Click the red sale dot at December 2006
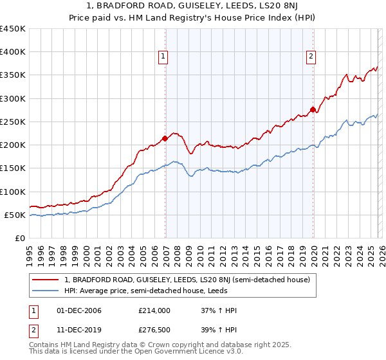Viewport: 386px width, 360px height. [165, 138]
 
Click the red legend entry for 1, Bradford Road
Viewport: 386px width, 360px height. [187, 280]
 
